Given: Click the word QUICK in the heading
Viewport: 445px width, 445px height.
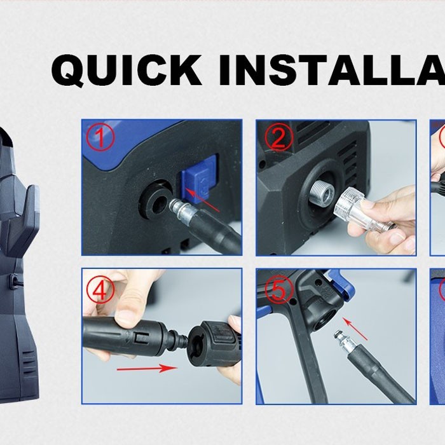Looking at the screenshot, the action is point(127,70).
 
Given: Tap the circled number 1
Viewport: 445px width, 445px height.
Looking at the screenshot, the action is point(100,138).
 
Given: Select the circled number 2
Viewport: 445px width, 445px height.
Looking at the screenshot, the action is point(278,138).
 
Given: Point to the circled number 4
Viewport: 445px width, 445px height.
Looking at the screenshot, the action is point(100,290).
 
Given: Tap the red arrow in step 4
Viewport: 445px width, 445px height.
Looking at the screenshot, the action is point(147,368).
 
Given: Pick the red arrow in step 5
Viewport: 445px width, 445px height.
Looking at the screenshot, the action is point(355,329).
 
